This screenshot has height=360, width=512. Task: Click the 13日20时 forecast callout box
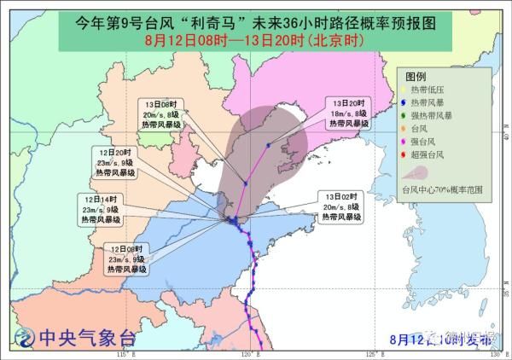(349, 113)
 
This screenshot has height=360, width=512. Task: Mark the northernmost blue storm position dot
(268, 145)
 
